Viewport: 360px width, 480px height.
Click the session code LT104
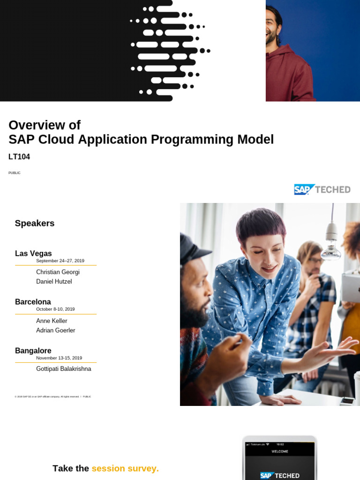click(19, 157)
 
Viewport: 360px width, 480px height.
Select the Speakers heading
click(35, 224)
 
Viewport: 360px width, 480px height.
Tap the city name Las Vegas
click(33, 254)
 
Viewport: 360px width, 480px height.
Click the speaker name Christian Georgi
click(58, 272)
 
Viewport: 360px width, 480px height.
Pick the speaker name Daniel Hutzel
click(54, 282)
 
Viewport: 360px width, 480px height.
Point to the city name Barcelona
click(33, 302)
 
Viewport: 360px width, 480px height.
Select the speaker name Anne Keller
click(52, 321)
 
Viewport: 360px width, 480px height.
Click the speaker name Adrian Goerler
click(55, 330)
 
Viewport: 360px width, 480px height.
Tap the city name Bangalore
click(33, 351)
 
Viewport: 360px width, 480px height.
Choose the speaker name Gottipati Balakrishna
click(64, 369)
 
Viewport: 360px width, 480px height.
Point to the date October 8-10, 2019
click(55, 309)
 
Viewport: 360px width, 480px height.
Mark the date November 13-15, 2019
click(59, 358)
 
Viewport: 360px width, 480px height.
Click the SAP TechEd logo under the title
click(322, 189)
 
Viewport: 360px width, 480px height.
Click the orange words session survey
click(125, 468)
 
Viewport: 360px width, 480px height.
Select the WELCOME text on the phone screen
click(280, 451)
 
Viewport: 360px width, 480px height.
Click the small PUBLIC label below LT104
click(14, 173)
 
